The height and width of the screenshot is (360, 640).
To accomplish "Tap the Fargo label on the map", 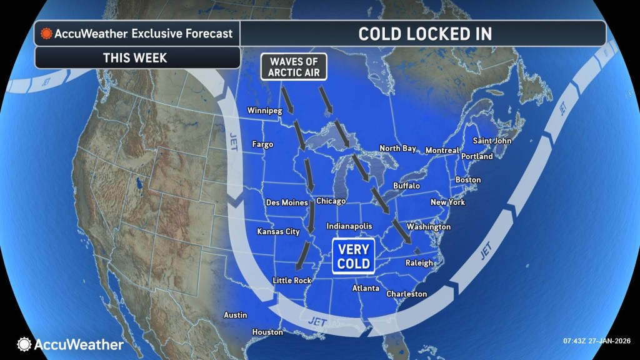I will pos(262,144).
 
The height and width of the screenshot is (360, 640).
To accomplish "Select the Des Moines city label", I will pos(287,202).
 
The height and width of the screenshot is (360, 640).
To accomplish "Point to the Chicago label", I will pos(331,201).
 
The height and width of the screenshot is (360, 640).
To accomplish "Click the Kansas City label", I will pos(279,232).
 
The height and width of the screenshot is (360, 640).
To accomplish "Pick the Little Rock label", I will pos(292,281).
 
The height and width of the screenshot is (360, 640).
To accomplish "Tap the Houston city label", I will pos(267,332).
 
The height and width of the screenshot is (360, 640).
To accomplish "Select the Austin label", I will pos(236,315).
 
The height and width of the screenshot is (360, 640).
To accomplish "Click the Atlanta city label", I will pos(366,288).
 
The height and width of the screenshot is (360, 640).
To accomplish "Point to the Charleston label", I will pos(407,294).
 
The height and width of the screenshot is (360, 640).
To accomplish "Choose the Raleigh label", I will pos(419,263).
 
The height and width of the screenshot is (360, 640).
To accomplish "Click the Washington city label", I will pos(429,226).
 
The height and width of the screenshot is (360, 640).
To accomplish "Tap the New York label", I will pos(448,202).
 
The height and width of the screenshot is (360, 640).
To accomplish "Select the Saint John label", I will pos(492,141).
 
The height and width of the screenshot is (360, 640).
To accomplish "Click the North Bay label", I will pos(398,148).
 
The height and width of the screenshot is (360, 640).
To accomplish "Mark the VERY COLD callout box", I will pos(352,256).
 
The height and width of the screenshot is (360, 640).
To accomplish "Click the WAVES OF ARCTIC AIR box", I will pos(294,67).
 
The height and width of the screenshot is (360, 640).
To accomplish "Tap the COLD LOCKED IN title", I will pos(425,34).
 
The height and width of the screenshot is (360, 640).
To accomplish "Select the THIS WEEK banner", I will pos(137,57).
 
